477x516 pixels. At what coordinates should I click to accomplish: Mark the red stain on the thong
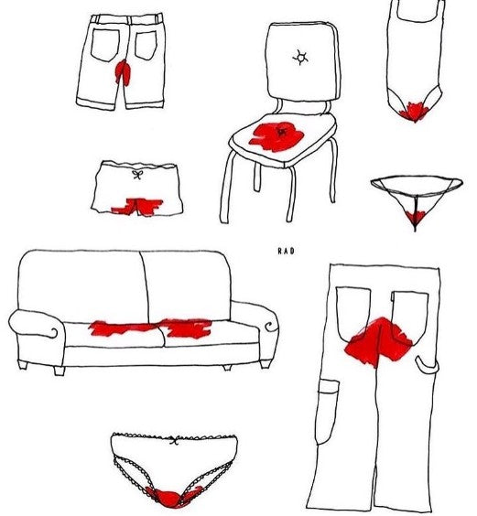[x=416, y=216]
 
